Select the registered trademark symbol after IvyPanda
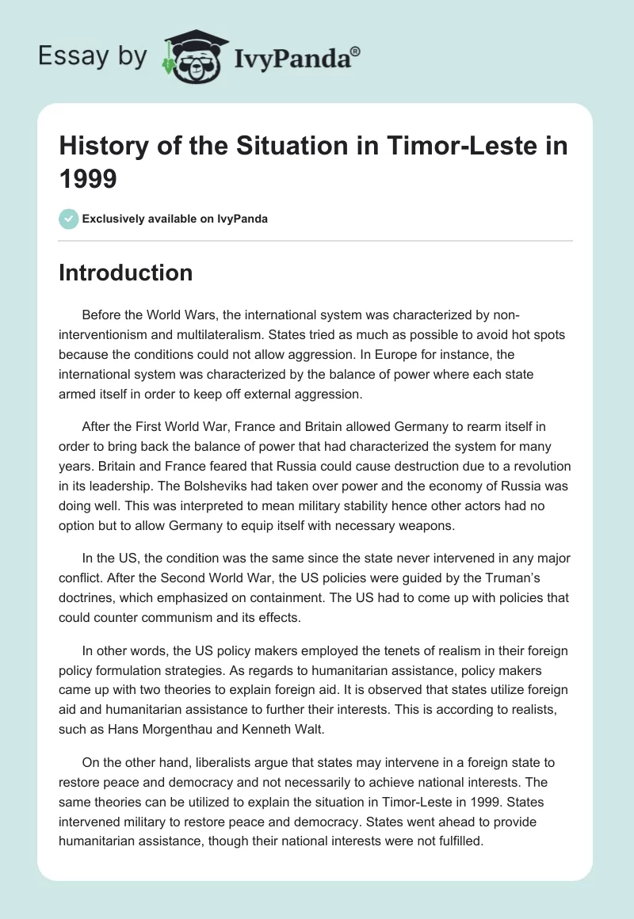point(356,51)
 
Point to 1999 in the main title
point(89,178)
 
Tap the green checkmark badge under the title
point(69,219)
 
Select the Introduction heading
point(125,273)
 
